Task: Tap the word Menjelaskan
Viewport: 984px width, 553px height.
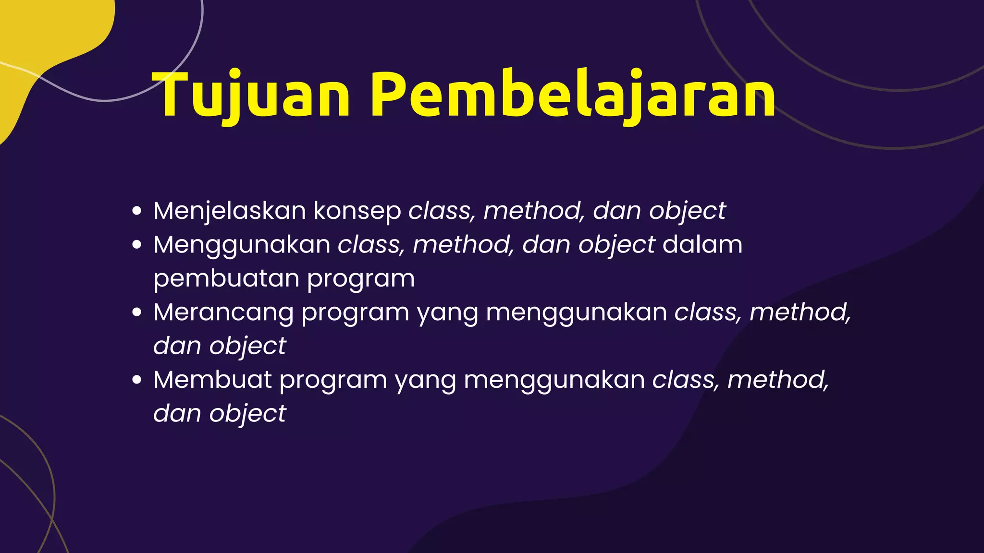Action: (x=230, y=211)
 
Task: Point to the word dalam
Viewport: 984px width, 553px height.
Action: (x=702, y=245)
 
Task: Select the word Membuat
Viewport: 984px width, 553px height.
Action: (x=212, y=380)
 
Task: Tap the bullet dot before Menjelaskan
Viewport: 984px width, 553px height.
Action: (x=137, y=211)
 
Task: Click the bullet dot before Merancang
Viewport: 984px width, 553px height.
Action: (x=137, y=312)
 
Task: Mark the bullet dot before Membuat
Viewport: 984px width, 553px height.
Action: (x=137, y=380)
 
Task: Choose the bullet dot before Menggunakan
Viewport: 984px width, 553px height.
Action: (x=137, y=245)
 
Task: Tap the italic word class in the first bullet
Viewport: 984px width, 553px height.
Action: (x=439, y=211)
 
